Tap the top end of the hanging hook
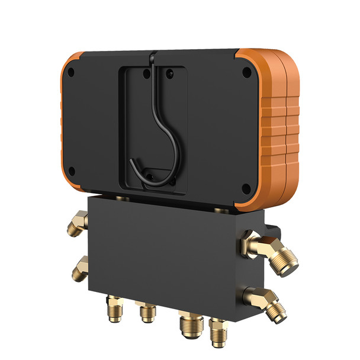click(x=152, y=56)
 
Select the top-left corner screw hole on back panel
click(x=71, y=75)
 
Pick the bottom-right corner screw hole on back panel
click(x=246, y=190)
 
